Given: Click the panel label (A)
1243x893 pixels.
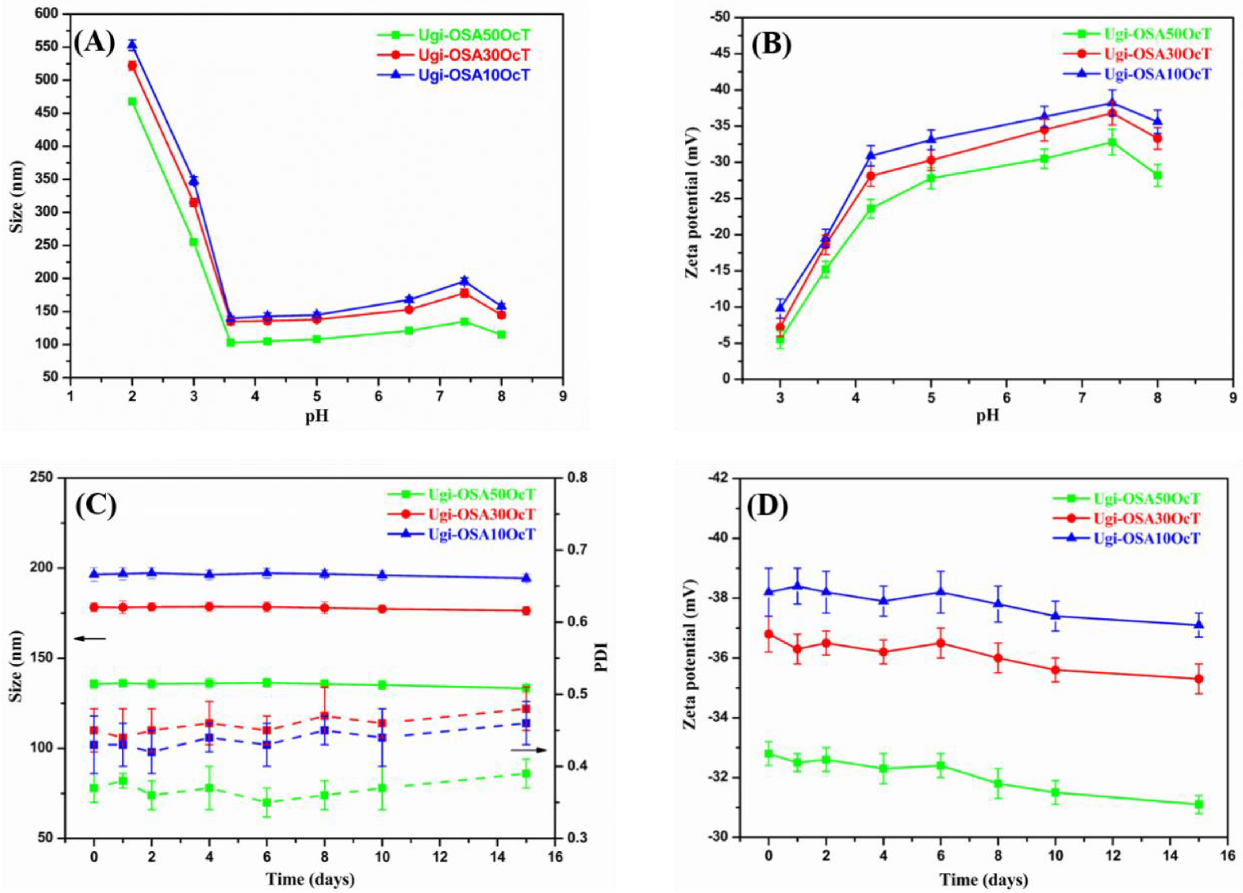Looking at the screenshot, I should point(94,42).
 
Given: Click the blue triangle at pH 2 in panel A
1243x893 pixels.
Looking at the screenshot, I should point(132,45).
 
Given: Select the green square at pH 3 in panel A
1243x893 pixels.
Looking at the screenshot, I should point(193,242).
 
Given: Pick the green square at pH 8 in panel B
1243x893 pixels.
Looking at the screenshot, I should point(1157,175).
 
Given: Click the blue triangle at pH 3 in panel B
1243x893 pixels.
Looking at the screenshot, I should point(780,307).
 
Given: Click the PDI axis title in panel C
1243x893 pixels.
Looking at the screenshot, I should point(603,658).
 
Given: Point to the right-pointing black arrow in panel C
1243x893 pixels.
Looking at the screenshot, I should point(529,750).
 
